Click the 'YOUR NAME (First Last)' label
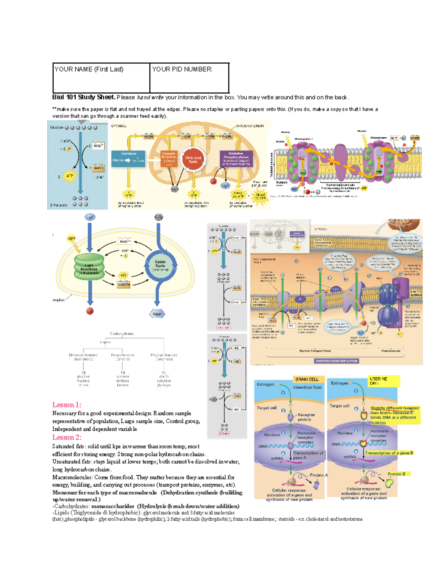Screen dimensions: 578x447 89,69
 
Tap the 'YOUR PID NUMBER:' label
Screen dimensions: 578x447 182,69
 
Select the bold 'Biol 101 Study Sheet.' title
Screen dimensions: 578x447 84,97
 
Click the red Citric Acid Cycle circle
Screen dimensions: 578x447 193,160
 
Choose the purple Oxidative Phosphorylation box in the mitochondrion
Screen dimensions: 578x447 236,159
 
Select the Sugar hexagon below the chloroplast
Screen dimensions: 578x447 157,314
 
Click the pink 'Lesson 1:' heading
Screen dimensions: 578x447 67,405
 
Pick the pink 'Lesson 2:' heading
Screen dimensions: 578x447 67,437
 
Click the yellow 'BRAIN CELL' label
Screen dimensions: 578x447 307,379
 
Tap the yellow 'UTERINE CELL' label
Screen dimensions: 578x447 378,381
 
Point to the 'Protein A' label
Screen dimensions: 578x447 318,475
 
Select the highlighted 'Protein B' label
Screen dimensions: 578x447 396,474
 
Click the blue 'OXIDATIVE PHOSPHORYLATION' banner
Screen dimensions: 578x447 336,361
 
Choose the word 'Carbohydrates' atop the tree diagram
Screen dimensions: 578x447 122,334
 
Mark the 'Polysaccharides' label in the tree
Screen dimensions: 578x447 164,355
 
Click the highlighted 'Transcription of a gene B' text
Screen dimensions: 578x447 389,453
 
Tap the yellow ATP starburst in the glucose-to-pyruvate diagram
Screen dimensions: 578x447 69,176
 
